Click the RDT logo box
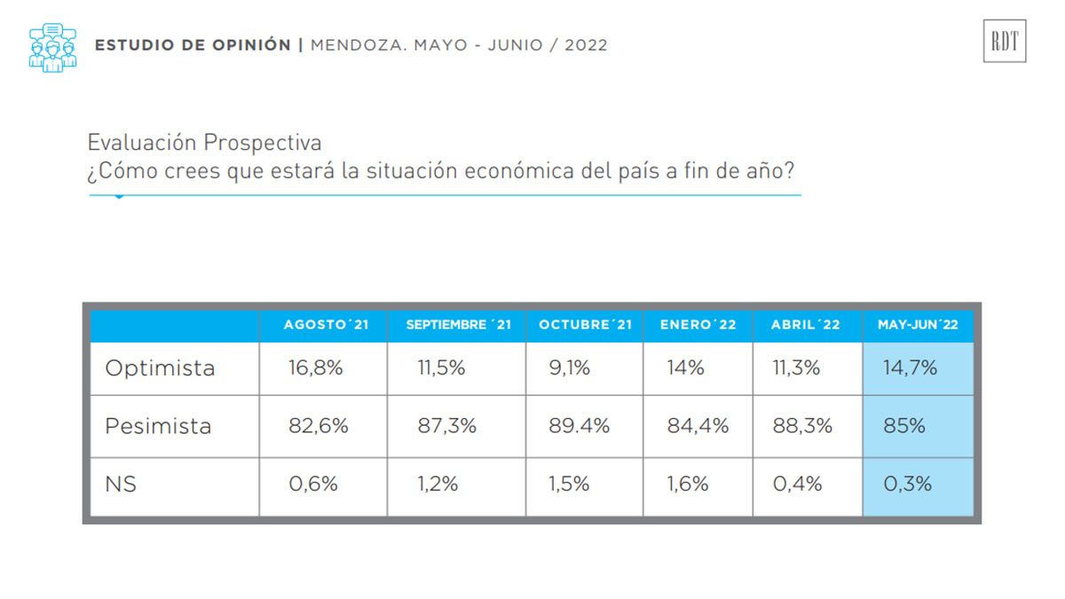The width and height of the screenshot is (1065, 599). click(1004, 41)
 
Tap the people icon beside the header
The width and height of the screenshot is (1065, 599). click(52, 47)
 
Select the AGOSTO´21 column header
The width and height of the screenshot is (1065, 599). click(326, 325)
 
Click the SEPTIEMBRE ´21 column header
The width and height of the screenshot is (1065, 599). click(458, 325)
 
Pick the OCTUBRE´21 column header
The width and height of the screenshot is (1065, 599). click(585, 325)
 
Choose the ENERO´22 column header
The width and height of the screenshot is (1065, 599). click(698, 325)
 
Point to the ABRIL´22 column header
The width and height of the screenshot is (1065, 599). click(806, 325)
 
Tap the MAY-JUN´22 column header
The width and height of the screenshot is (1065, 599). click(918, 325)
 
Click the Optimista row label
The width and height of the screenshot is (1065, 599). click(160, 368)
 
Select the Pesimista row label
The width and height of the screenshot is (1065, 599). click(158, 426)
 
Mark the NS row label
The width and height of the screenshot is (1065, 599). click(121, 485)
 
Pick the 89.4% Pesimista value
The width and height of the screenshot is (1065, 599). click(580, 426)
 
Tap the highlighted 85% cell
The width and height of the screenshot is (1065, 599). click(903, 426)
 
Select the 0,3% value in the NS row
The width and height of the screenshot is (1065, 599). click(907, 485)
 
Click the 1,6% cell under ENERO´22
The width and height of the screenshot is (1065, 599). click(688, 485)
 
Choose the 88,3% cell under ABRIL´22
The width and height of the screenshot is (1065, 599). click(802, 426)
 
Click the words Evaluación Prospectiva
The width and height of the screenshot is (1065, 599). click(204, 142)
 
